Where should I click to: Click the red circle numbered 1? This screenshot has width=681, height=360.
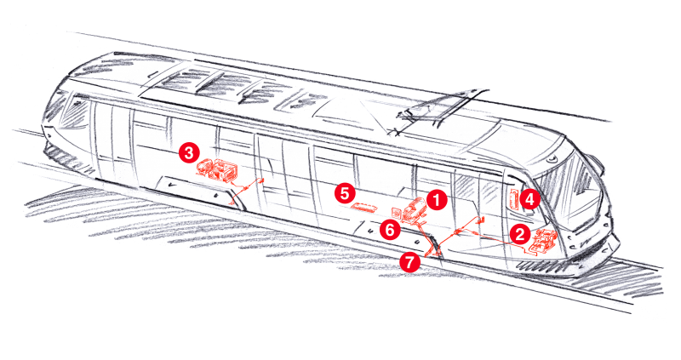[436, 200]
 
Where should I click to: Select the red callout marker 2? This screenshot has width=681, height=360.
[520, 232]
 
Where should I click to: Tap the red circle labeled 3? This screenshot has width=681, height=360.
[189, 153]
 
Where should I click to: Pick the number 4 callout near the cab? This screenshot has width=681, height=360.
[529, 199]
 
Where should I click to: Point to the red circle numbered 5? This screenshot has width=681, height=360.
[345, 192]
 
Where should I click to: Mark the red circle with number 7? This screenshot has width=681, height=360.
[410, 262]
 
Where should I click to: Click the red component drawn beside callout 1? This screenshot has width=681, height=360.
[414, 209]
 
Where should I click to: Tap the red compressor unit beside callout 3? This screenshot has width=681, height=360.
[216, 169]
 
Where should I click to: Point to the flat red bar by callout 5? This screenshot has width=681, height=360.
[365, 206]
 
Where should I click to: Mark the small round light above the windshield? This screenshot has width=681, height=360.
[553, 158]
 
